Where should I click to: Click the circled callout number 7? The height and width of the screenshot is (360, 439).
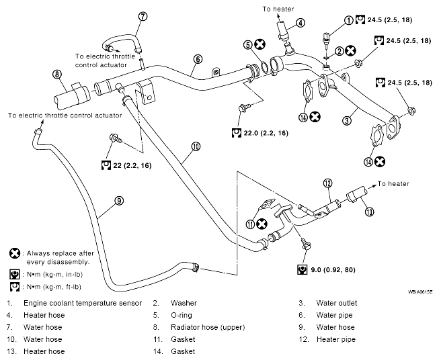143,17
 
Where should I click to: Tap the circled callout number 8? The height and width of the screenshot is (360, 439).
57,75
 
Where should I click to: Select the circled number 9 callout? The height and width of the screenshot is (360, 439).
119,201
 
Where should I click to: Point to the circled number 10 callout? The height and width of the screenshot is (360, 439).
196,146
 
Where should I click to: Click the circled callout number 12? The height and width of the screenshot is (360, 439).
327,183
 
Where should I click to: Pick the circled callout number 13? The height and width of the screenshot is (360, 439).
370,212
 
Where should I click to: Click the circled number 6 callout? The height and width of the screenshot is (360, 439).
198,59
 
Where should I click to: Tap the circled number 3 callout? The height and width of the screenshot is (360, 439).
347,121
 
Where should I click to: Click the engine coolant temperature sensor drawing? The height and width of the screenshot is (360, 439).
326,38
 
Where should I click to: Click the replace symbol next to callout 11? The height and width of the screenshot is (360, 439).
262,224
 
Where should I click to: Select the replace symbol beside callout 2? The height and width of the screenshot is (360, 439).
350,51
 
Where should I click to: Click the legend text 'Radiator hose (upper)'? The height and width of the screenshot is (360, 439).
208,327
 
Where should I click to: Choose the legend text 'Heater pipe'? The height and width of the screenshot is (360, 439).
336,339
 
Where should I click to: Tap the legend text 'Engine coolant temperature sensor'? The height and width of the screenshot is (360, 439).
83,303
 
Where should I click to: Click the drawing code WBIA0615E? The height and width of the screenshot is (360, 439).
420,292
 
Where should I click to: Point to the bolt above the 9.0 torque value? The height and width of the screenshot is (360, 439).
307,244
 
